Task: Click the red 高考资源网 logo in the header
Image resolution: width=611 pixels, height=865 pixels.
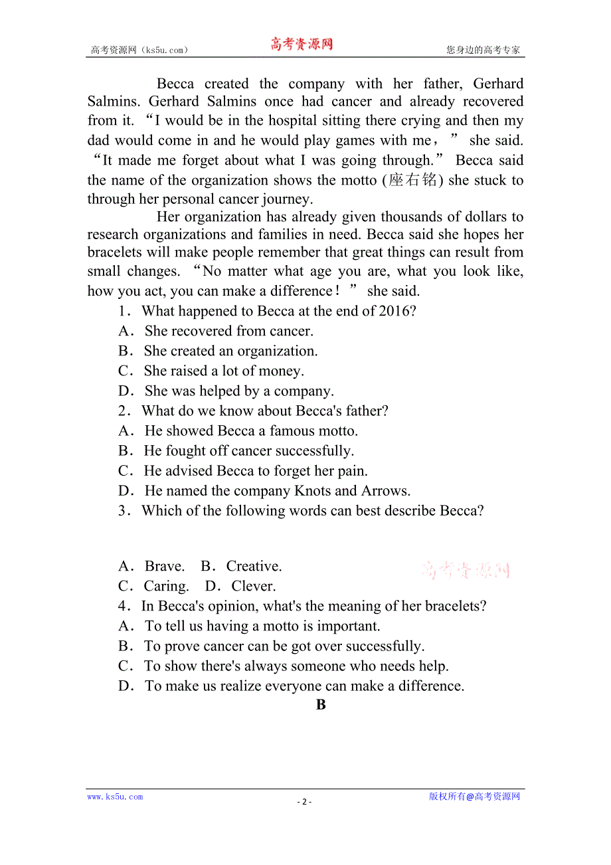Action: [302, 45]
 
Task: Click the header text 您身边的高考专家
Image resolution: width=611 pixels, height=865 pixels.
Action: [483, 50]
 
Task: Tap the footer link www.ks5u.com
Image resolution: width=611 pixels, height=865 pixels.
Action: [115, 797]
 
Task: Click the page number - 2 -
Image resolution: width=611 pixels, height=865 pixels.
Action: [304, 801]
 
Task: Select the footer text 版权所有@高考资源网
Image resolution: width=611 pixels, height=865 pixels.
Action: [474, 797]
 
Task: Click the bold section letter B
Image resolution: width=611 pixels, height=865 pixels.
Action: [321, 706]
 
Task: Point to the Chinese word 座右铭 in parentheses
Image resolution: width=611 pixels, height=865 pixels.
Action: [412, 181]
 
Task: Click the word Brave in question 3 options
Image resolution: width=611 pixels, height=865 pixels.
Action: [164, 566]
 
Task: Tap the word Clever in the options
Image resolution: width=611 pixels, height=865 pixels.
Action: [253, 586]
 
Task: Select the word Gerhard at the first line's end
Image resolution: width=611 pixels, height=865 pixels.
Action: [498, 84]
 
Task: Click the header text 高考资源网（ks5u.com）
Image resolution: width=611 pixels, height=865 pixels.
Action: [139, 50]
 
